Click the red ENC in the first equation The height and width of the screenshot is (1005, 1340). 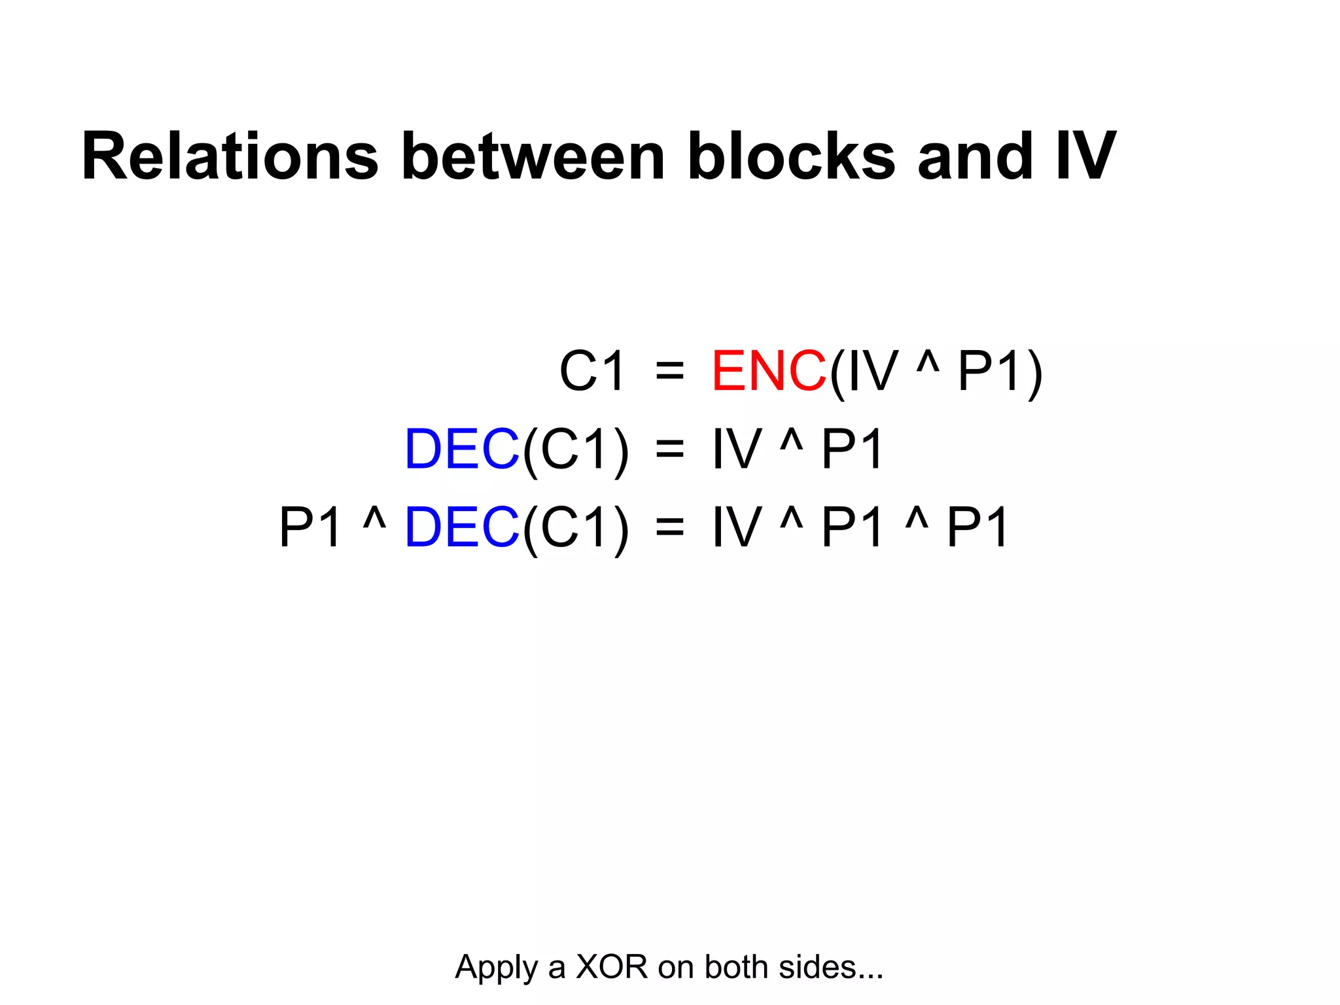pos(769,371)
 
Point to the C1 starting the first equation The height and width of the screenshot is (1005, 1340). pos(592,371)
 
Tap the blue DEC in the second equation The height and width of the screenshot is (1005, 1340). pos(462,449)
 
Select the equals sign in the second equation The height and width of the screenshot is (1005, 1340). pos(669,450)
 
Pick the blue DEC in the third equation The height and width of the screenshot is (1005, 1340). pos(462,527)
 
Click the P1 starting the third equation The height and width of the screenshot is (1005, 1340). pos(310,527)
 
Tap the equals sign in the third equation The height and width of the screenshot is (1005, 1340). pos(669,528)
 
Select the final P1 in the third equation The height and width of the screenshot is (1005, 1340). pos(978,527)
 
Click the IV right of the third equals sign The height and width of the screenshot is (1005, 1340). pos(737,527)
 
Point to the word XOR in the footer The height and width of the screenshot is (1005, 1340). pos(611,967)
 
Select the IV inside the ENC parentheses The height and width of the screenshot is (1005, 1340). pos(873,371)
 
